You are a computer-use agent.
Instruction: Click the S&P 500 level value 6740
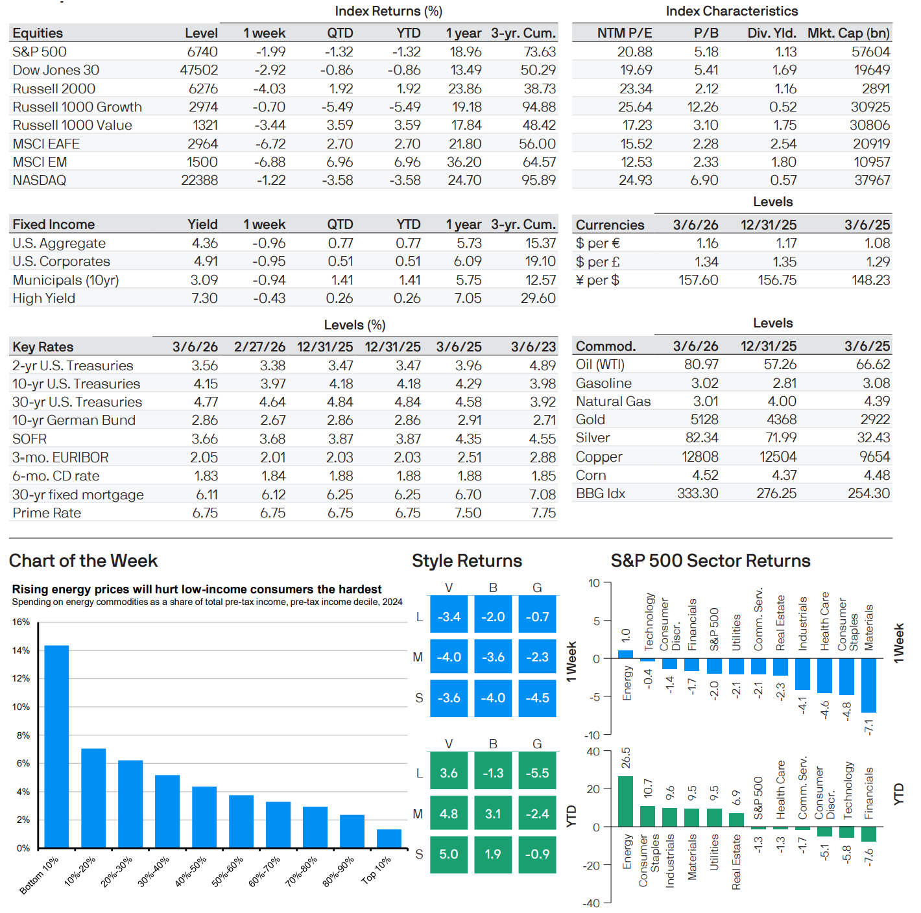click(x=202, y=52)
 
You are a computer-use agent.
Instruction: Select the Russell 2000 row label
click(x=54, y=89)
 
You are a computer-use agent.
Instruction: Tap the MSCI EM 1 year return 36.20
click(x=464, y=162)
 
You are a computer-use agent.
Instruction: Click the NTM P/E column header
click(x=624, y=33)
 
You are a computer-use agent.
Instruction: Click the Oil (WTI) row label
click(x=600, y=364)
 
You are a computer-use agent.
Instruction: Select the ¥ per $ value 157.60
click(x=698, y=280)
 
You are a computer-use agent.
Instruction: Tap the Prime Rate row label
click(x=47, y=513)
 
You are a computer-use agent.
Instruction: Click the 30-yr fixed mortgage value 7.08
click(x=542, y=495)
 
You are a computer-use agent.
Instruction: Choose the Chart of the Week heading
click(x=84, y=561)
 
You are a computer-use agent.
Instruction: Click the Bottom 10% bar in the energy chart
click(x=56, y=746)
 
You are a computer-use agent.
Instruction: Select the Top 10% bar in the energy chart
click(x=389, y=838)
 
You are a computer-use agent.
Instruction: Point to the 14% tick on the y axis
click(x=21, y=650)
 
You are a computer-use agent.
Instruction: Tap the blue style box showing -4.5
click(x=537, y=698)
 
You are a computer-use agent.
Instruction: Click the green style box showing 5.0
click(x=449, y=855)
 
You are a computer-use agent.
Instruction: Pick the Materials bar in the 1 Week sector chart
click(x=868, y=685)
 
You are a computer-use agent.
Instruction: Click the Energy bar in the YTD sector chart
click(x=625, y=801)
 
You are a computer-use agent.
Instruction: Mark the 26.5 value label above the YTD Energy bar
click(x=626, y=758)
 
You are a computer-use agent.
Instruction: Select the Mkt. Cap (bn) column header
click(x=848, y=33)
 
